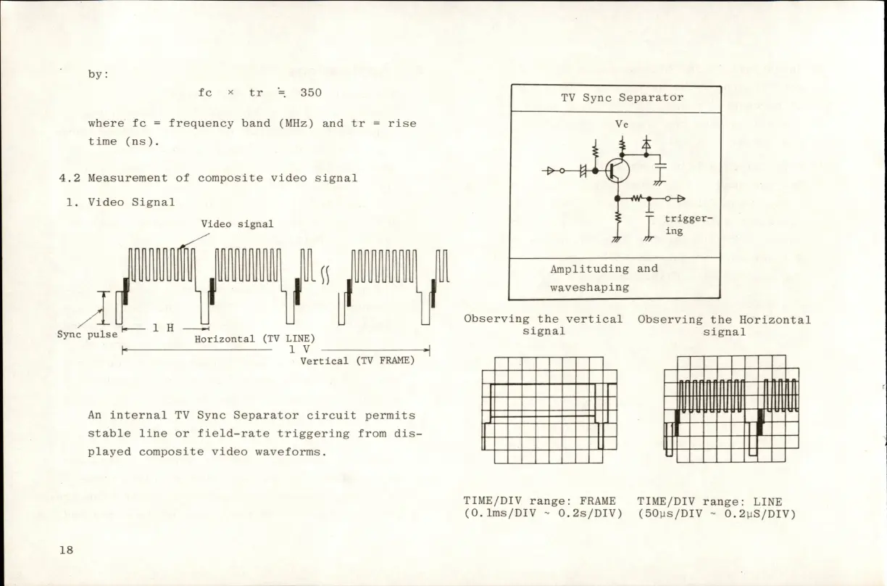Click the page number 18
(66, 549)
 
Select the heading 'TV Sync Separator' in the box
(622, 97)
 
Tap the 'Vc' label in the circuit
(621, 124)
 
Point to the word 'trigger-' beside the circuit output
(688, 218)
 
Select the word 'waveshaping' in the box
(588, 287)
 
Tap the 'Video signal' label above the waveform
(237, 224)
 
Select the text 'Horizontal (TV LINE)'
(254, 339)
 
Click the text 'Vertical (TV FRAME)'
(357, 360)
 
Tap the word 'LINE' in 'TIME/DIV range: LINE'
(767, 501)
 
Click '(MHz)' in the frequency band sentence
(296, 123)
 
